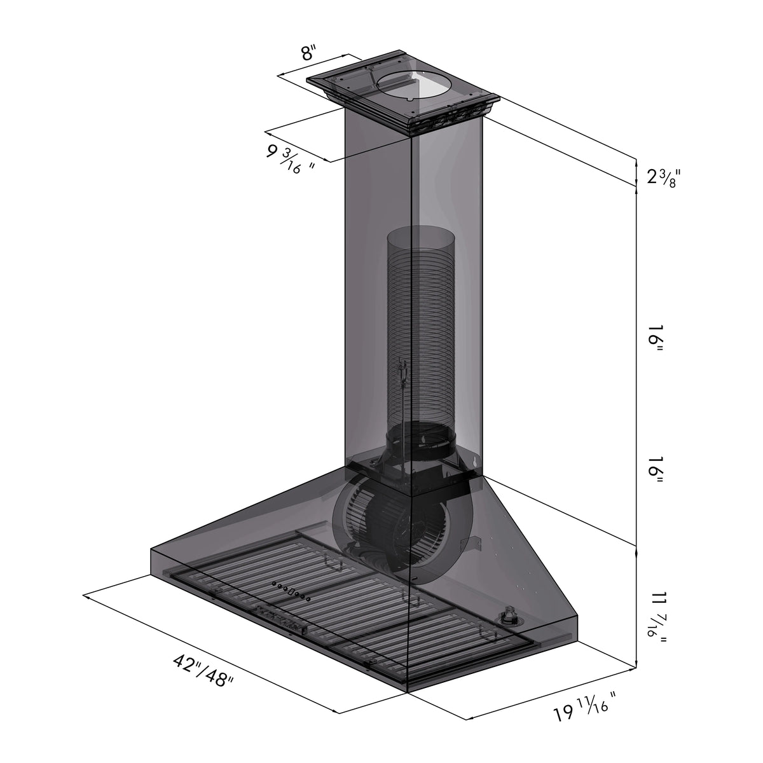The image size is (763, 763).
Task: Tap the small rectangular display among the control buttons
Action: (x=292, y=592)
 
